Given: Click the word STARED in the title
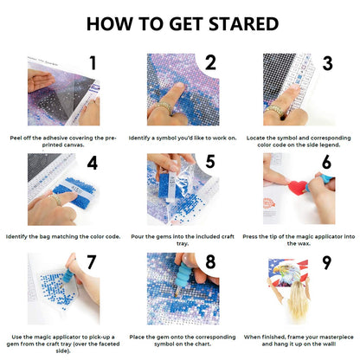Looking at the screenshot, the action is point(243,23).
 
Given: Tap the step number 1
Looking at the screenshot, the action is point(93,63).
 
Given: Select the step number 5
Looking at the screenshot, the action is point(210,162).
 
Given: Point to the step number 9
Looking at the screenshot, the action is point(326,262).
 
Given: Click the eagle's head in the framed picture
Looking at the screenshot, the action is point(285,272).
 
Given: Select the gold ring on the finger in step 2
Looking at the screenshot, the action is point(162,107).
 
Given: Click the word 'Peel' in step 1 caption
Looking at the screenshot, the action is point(16,138).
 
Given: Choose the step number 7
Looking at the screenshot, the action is point(91,262).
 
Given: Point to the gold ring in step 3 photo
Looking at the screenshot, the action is point(273,110).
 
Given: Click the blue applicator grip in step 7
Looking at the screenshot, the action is point(71,273).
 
